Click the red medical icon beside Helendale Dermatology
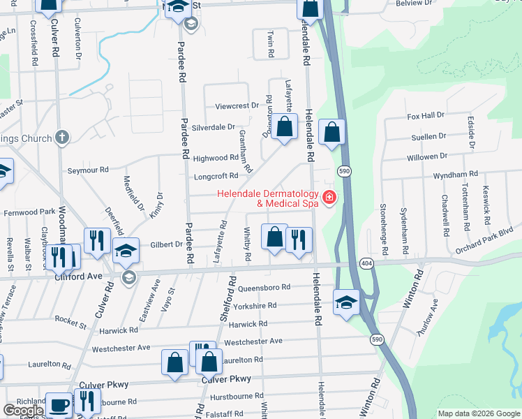[x=328, y=199]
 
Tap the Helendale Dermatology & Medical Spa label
[x=268, y=199]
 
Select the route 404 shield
[x=366, y=263]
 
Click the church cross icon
[x=62, y=138]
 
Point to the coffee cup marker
[x=59, y=404]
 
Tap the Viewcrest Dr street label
[x=237, y=106]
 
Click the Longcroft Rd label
[x=216, y=176]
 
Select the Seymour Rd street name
[x=88, y=170]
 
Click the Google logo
[x=23, y=411]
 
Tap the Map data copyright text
[x=478, y=413]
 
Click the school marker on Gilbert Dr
[x=126, y=250]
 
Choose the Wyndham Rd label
[x=455, y=174]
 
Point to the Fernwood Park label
[x=29, y=212]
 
